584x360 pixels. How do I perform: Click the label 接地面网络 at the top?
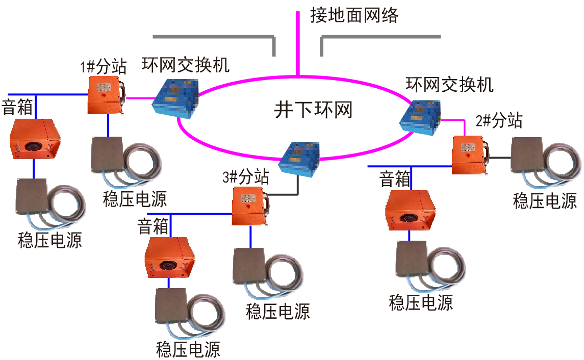click(354, 16)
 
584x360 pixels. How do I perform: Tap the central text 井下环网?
click(313, 109)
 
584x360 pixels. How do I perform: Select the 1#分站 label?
click(103, 66)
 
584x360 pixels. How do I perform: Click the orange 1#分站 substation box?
click(106, 95)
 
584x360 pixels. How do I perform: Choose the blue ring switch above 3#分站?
click(301, 157)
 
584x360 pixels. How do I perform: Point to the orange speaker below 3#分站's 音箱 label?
click(170, 257)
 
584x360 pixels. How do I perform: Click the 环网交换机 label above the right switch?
click(449, 85)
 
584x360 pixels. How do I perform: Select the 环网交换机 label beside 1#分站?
click(185, 65)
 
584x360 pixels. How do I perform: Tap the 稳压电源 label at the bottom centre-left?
click(188, 350)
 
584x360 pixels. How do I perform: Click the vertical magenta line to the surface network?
click(298, 41)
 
